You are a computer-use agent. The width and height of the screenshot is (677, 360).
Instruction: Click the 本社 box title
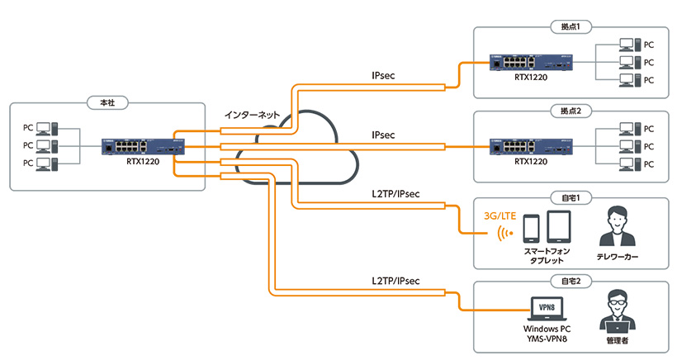tap(107, 103)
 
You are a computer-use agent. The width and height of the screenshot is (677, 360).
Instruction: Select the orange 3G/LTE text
tap(500, 216)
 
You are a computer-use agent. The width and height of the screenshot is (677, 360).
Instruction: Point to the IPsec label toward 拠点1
tap(383, 75)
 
